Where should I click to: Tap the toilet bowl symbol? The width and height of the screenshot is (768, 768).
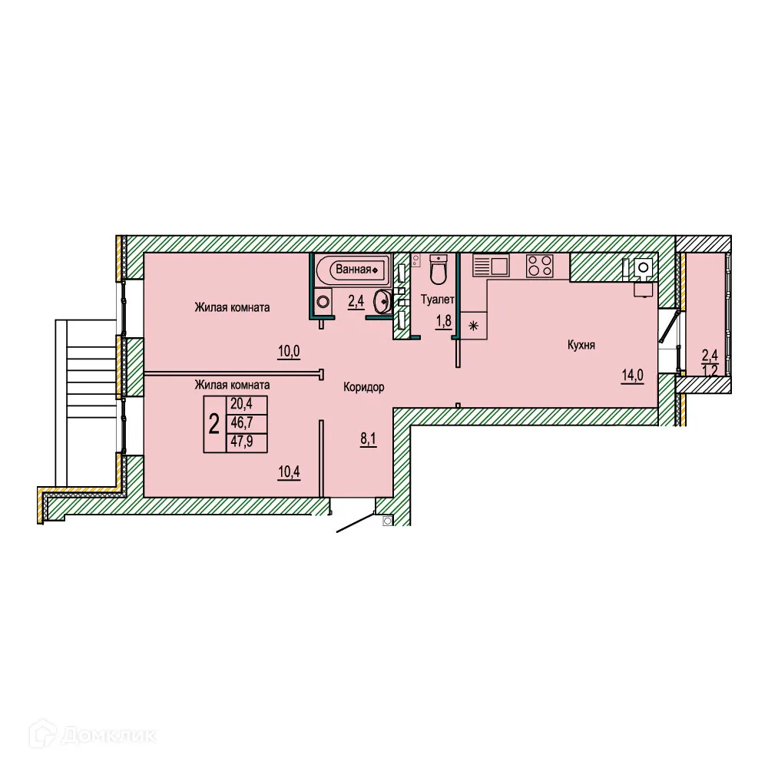[439, 272]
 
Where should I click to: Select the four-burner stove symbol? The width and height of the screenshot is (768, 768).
[539, 266]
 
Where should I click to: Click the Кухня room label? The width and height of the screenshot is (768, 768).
[581, 346]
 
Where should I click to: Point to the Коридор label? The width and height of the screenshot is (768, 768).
[363, 388]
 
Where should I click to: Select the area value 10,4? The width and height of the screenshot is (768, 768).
[288, 471]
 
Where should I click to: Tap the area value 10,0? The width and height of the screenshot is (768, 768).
[289, 352]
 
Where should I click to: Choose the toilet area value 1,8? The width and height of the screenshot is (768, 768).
[444, 321]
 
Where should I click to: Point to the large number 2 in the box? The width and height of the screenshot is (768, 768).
[214, 424]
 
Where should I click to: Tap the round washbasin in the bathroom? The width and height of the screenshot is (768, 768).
[382, 302]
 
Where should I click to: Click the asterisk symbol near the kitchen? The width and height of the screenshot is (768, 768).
[473, 327]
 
